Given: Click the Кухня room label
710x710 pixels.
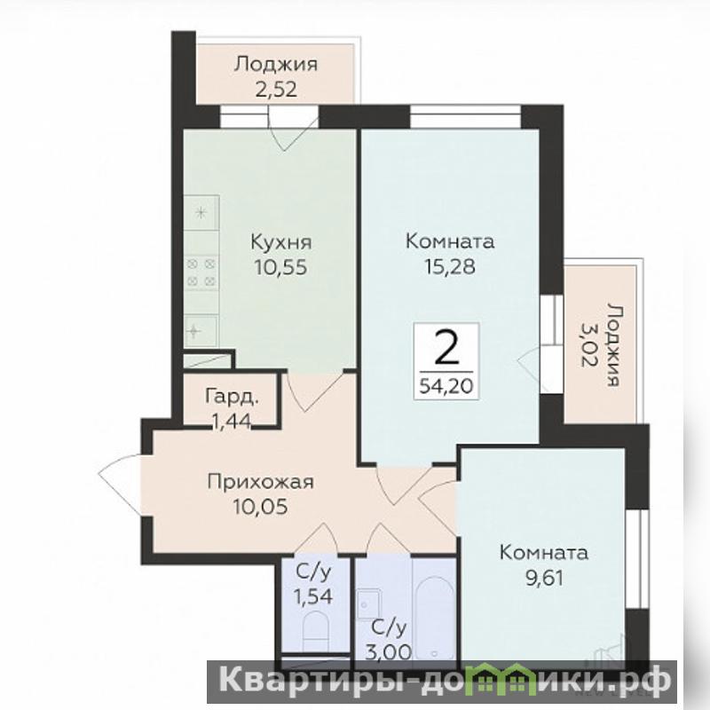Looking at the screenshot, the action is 281,242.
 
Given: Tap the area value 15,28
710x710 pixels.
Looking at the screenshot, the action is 450,267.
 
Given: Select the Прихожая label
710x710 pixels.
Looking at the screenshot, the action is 260,482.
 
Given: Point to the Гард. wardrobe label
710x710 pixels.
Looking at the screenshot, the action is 233,396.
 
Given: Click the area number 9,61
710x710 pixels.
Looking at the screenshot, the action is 544,578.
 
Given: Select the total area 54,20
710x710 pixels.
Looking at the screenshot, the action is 446,386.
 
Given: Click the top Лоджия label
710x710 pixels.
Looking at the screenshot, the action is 276,64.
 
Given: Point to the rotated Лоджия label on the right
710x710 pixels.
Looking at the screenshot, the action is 612,345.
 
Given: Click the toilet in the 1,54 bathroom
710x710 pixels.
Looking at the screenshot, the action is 316,628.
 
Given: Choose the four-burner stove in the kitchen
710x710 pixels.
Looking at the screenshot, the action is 201,272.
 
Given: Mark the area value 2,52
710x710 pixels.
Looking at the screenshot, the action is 276,90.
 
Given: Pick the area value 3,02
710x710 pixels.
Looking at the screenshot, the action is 588,345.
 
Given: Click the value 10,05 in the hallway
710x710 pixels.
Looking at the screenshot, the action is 260,507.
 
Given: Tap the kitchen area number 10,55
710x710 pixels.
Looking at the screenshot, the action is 280,267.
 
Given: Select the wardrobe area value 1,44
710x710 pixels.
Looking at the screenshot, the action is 232,422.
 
